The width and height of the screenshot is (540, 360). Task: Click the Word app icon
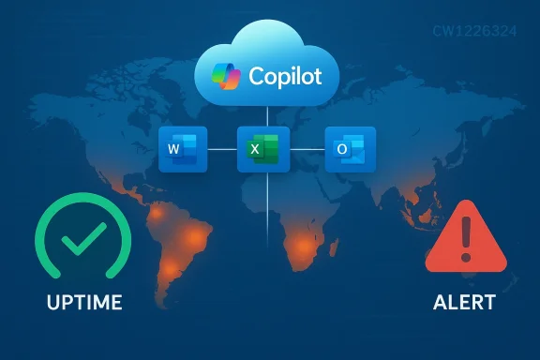pyautogui.click(x=181, y=149)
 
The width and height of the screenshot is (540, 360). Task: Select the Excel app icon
pyautogui.click(x=262, y=149)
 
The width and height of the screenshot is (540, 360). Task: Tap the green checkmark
pyautogui.click(x=80, y=240)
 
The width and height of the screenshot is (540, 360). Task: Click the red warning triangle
pyautogui.click(x=465, y=239)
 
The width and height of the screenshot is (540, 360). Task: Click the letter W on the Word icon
pyautogui.click(x=173, y=150)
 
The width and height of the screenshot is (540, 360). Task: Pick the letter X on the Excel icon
pyautogui.click(x=255, y=151)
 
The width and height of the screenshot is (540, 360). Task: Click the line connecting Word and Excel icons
pyautogui.click(x=221, y=149)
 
